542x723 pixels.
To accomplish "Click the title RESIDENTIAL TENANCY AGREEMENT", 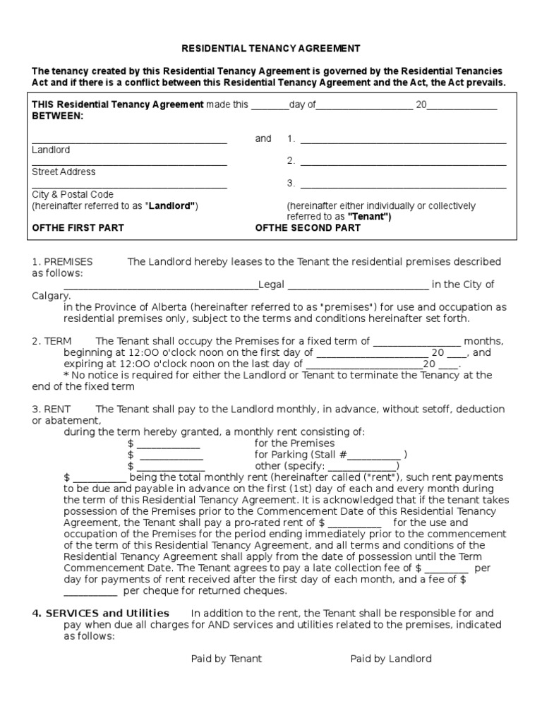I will click(x=272, y=48).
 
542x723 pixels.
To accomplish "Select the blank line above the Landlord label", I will click(x=129, y=143).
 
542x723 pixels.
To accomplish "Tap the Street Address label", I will click(x=64, y=172).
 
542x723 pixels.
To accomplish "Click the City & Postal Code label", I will click(x=73, y=194).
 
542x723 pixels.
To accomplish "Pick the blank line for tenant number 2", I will click(x=403, y=165).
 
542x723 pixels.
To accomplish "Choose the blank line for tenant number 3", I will click(x=403, y=187).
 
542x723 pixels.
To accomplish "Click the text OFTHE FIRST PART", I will click(x=78, y=228).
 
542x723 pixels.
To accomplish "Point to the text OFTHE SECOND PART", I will click(x=307, y=228).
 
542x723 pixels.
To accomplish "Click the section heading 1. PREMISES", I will click(x=62, y=262).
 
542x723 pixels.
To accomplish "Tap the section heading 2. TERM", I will click(x=52, y=341).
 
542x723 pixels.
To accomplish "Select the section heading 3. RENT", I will click(x=52, y=410).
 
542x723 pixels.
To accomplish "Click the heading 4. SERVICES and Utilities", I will click(x=100, y=613).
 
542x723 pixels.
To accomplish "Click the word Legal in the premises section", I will click(x=272, y=285).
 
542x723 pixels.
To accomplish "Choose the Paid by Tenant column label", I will click(x=226, y=659).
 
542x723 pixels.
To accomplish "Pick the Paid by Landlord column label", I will click(x=391, y=659).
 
